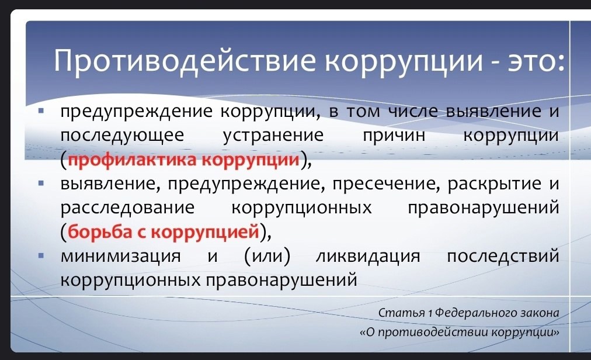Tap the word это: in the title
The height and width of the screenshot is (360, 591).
pos(536,61)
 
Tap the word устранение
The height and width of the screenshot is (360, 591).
pos(273,136)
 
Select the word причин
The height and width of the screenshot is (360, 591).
pos(394,136)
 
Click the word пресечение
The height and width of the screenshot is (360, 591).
pos(387,184)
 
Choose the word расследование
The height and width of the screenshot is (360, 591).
pos(128,208)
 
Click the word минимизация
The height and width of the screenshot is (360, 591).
pos(121,256)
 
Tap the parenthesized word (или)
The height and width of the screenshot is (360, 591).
pos(267,256)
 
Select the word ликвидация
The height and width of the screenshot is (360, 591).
pos(368,256)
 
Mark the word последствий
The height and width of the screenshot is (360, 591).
pos(503,256)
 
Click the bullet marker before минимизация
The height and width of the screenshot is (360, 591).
pos(41,256)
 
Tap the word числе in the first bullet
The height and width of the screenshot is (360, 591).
pos(413,112)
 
